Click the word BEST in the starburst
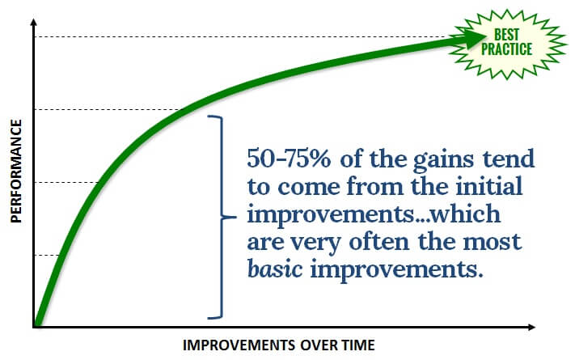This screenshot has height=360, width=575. click(507, 35)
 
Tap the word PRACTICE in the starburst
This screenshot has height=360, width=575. click(506, 49)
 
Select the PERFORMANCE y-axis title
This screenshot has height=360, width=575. click(16, 171)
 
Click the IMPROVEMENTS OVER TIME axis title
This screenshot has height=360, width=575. click(279, 345)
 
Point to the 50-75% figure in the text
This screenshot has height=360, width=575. click(289, 159)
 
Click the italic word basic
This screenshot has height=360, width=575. click(275, 269)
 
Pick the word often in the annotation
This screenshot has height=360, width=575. click(378, 241)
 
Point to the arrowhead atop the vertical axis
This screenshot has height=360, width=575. click(34, 23)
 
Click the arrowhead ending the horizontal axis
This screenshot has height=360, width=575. click(531, 327)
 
